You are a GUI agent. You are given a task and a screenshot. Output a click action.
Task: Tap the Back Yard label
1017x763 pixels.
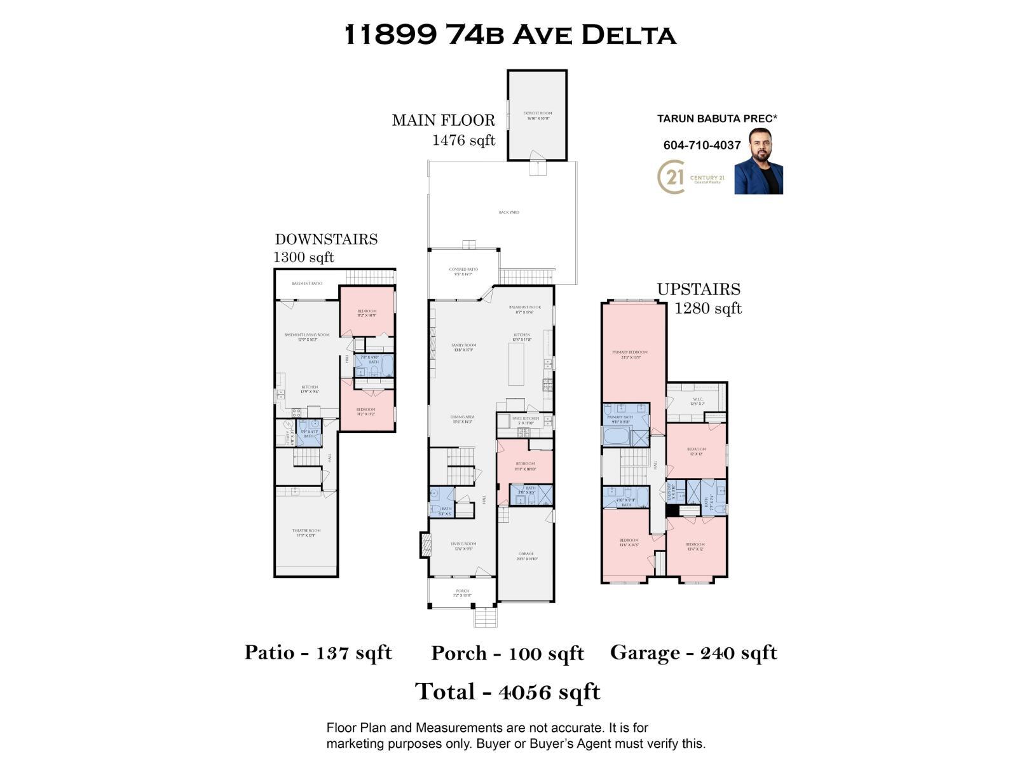pyautogui.click(x=508, y=212)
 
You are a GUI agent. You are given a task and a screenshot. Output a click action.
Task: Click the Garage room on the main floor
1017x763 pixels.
pyautogui.click(x=526, y=556)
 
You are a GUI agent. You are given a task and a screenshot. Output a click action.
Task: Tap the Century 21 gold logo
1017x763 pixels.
pyautogui.click(x=672, y=176)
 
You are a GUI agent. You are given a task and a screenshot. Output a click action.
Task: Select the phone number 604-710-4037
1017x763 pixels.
pyautogui.click(x=702, y=145)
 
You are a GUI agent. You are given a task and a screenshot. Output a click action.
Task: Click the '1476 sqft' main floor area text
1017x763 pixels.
pyautogui.click(x=463, y=140)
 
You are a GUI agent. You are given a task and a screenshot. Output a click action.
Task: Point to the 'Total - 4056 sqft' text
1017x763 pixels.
pyautogui.click(x=507, y=691)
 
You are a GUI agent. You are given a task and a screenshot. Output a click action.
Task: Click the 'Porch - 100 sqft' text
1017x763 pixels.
pyautogui.click(x=507, y=653)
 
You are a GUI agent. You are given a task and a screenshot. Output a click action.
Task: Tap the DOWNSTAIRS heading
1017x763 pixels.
pyautogui.click(x=326, y=239)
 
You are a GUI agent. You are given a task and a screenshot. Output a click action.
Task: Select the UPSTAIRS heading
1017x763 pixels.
pyautogui.click(x=699, y=289)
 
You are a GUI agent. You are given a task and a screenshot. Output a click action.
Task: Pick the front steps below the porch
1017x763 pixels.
pyautogui.click(x=486, y=617)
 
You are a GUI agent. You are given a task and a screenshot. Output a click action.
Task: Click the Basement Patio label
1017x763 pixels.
pyautogui.click(x=307, y=284)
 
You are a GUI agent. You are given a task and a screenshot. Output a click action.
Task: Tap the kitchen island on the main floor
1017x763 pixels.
pyautogui.click(x=516, y=364)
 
